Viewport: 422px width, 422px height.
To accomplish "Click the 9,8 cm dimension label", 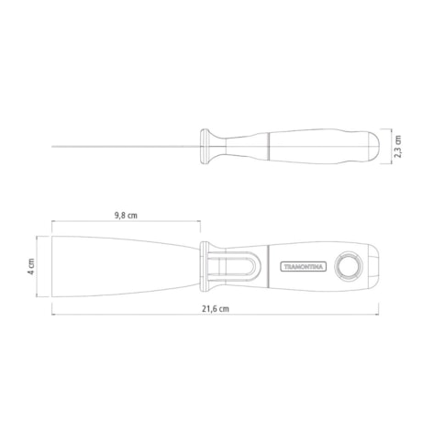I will coord(126,216).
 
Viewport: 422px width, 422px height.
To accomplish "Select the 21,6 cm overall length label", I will coord(216,309).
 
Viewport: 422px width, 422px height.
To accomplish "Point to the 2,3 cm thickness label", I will coord(398,146).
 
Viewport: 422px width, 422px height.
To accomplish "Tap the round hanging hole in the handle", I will coord(349,267).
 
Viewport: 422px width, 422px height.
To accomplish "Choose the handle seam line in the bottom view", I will coord(266,267).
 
